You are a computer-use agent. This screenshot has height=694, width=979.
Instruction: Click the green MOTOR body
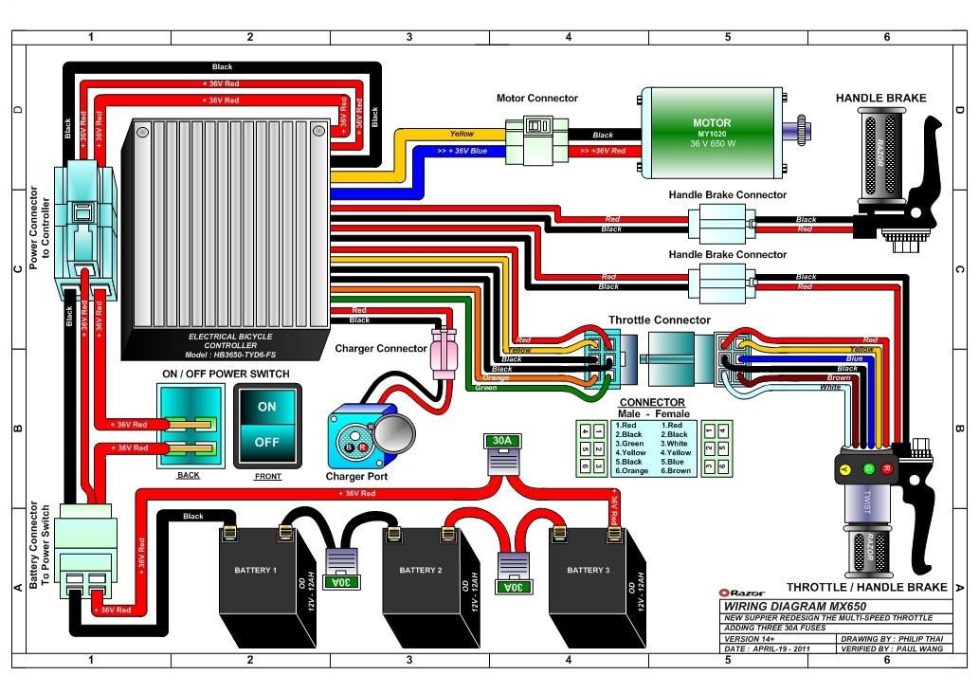point(712,134)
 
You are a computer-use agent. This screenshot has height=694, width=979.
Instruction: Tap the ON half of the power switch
point(267,407)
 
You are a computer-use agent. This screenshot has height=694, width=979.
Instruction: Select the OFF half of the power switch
point(267,442)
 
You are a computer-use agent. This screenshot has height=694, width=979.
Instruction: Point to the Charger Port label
point(357,476)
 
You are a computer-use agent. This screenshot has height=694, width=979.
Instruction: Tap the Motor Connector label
point(536,98)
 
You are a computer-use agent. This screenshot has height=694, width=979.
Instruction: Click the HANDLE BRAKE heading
point(880,98)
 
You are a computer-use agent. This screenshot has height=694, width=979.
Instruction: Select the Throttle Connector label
point(659,320)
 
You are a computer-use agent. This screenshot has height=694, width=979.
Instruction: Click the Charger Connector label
point(381,348)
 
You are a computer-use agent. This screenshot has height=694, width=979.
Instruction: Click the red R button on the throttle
point(887,468)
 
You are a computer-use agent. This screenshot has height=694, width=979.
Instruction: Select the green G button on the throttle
point(864,468)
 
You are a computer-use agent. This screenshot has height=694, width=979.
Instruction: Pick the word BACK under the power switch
point(189,475)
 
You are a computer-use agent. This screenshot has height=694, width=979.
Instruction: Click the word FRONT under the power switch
point(267,476)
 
